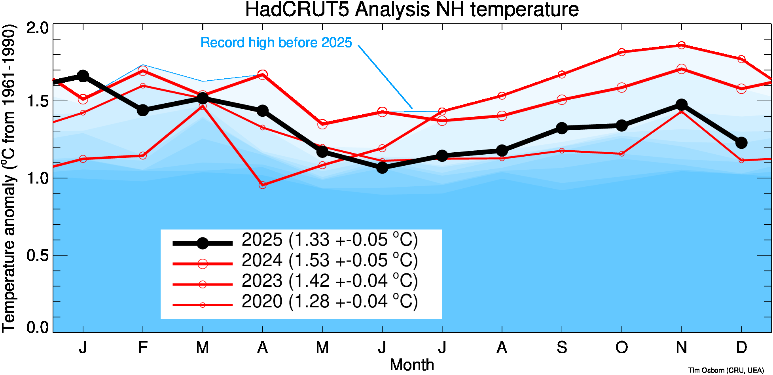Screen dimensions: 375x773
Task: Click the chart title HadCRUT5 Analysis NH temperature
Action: [412, 9]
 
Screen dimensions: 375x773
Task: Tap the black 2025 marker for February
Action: [143, 110]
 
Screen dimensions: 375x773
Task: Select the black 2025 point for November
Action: [681, 105]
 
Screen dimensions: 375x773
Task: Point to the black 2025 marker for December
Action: [741, 143]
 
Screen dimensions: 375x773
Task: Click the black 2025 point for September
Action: [562, 128]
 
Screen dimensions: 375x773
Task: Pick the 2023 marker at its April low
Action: [263, 185]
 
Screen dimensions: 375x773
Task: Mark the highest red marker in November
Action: [681, 45]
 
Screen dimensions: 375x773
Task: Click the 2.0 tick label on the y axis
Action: [38, 28]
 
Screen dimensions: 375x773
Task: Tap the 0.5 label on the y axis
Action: [38, 255]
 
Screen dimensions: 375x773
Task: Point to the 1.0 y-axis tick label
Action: [38, 178]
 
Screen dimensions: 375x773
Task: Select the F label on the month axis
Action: [143, 347]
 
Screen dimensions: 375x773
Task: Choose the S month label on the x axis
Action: [562, 347]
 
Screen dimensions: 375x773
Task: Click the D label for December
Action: [741, 347]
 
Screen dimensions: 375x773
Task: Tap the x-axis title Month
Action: [412, 365]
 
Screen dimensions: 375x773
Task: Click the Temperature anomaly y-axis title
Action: [9, 178]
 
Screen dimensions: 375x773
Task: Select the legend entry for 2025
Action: [330, 240]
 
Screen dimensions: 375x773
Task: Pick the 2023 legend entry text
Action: [330, 281]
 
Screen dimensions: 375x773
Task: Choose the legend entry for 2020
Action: [330, 302]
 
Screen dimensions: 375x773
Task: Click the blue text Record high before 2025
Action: [276, 43]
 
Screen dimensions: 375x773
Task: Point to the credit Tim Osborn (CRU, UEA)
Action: [726, 370]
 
